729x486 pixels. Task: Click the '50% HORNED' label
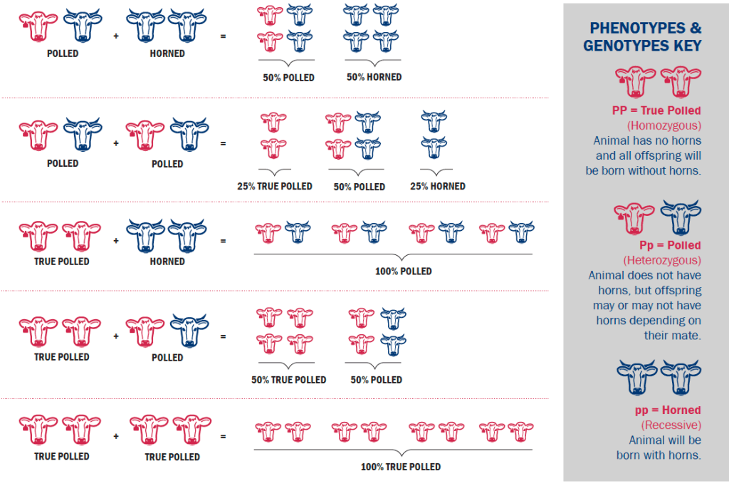click(374, 77)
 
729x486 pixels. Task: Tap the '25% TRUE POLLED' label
click(275, 186)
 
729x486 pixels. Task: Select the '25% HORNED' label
click(438, 186)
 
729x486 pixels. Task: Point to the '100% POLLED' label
click(403, 272)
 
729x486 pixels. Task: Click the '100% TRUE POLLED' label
click(401, 467)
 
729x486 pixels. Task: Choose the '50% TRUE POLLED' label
click(288, 380)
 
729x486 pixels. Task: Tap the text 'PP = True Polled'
click(656, 110)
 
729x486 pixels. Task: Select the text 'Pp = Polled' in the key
click(661, 245)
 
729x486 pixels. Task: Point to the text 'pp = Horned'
click(668, 410)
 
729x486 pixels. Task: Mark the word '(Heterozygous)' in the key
click(661, 260)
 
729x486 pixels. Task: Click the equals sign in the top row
click(223, 33)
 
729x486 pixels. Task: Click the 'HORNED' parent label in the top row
click(167, 53)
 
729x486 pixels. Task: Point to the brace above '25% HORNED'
click(436, 171)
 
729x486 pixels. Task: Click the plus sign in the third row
click(116, 241)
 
